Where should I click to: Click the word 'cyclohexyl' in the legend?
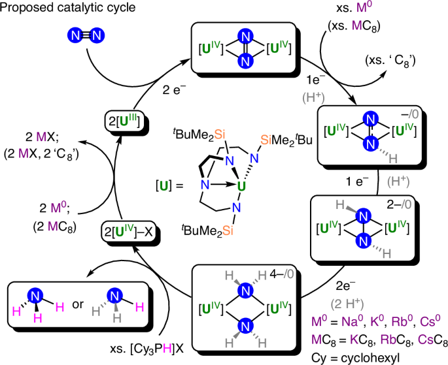[x=411, y=356]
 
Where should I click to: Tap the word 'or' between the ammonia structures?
[x=94, y=305]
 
